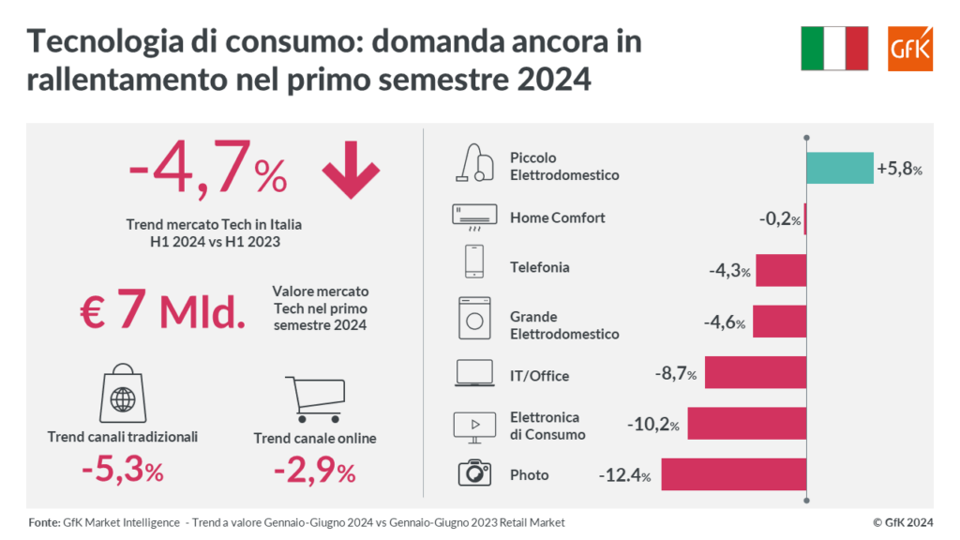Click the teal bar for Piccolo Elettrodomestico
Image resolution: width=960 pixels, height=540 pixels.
tap(839, 168)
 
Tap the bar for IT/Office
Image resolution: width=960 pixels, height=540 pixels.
tap(756, 372)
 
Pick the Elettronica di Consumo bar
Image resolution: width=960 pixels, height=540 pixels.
tap(746, 424)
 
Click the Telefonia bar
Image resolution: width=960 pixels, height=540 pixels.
tap(781, 270)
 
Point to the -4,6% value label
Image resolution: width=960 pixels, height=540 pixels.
tap(725, 322)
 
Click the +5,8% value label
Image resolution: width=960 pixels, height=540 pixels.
tap(900, 170)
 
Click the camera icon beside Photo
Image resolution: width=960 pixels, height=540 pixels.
tap(474, 473)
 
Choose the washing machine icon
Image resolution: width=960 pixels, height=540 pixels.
tap(474, 318)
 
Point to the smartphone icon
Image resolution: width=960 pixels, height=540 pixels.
tap(474, 262)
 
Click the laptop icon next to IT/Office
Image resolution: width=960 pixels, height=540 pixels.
tap(474, 373)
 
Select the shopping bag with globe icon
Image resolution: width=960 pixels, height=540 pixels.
tap(122, 394)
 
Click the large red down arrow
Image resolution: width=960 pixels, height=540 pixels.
tap(351, 172)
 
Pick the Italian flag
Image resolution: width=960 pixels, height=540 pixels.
tap(835, 48)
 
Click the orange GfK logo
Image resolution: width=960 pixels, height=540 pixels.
tap(910, 48)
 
